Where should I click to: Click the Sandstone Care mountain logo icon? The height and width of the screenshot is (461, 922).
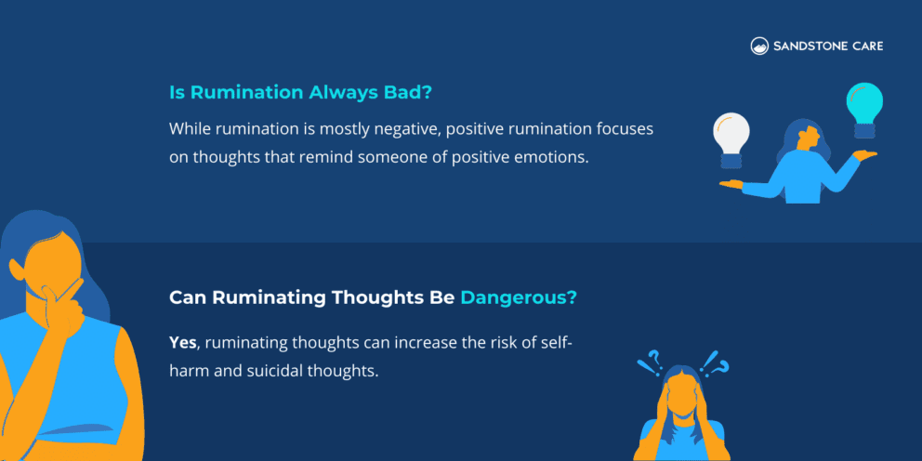[759, 46]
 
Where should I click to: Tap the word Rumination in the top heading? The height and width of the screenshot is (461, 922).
[245, 93]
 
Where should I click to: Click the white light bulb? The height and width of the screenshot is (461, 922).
[731, 136]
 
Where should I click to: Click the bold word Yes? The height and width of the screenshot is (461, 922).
[183, 343]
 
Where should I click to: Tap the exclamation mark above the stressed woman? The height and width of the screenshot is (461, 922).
[712, 360]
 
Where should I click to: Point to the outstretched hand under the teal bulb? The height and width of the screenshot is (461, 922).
[866, 155]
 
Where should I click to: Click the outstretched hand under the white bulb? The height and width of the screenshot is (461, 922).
[732, 184]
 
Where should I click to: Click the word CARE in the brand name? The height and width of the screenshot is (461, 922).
[865, 46]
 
